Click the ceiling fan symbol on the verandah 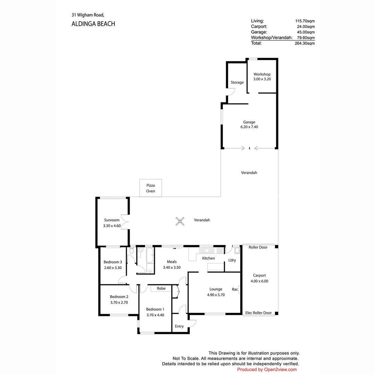pyautogui.click(x=180, y=221)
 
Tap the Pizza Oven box pyautogui.click(x=150, y=188)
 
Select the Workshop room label pyautogui.click(x=262, y=74)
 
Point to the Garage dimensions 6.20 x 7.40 pyautogui.click(x=249, y=127)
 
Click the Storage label pyautogui.click(x=237, y=82)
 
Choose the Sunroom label pyautogui.click(x=112, y=220)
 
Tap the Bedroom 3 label pyautogui.click(x=112, y=262)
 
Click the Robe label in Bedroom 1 pyautogui.click(x=161, y=289)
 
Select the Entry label pyautogui.click(x=179, y=326)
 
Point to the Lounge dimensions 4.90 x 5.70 pyautogui.click(x=216, y=295)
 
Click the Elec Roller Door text pyautogui.click(x=258, y=313)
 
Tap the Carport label pyautogui.click(x=259, y=275)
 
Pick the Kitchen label pyautogui.click(x=208, y=258)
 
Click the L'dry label pyautogui.click(x=232, y=260)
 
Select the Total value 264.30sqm pyautogui.click(x=305, y=43)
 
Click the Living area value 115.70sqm pyautogui.click(x=305, y=21)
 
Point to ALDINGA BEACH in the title pyautogui.click(x=93, y=24)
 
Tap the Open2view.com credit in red pyautogui.click(x=280, y=369)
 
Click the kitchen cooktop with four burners pyautogui.click(x=219, y=250)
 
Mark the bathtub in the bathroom pyautogui.click(x=150, y=256)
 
